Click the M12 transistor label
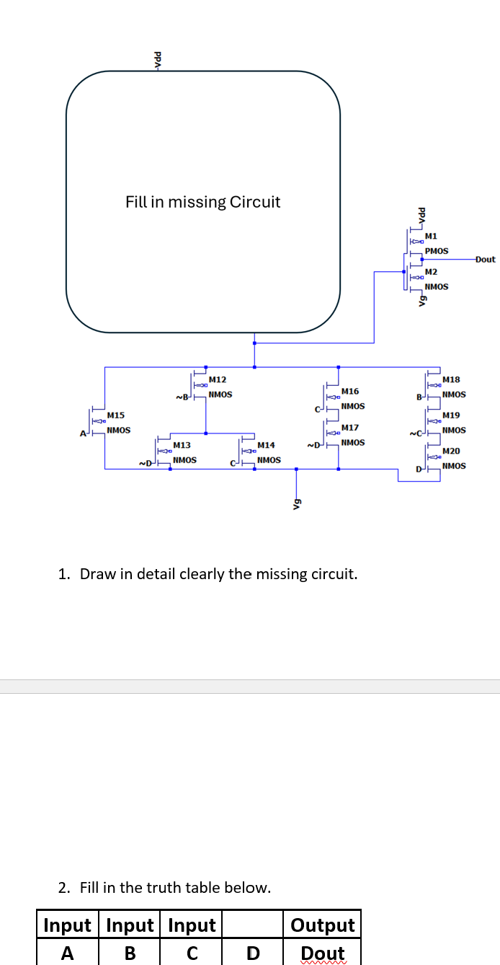coord(218,379)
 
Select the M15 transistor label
coord(116,415)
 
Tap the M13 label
coord(182,446)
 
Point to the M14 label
coord(266,446)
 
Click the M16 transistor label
coord(350,391)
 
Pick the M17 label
coord(350,428)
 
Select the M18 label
coord(451,379)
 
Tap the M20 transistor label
coord(451,451)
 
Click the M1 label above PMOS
coord(431,236)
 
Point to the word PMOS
coord(437,251)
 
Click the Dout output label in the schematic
coord(486,259)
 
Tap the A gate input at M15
coord(84,433)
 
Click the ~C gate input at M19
coord(414,433)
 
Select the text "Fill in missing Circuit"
coord(202,202)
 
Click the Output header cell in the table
coord(323,925)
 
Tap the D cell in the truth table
coord(252,953)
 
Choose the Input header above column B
coord(130,925)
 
